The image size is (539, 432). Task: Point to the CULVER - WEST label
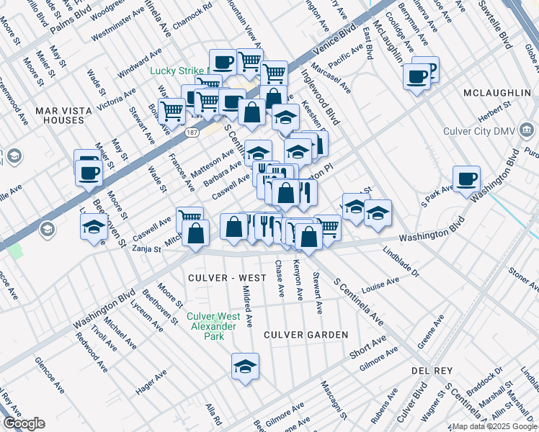[x=217, y=277]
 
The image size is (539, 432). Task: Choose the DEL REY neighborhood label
[x=432, y=370]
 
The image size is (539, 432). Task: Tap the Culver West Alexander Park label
[x=211, y=326]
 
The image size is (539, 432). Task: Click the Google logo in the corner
[x=24, y=423]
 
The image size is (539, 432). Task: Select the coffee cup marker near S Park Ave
[x=466, y=178]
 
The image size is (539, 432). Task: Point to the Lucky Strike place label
[x=177, y=71]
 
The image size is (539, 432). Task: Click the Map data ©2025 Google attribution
[x=494, y=426]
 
